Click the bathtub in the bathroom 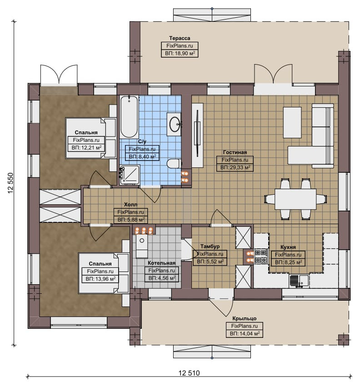click(129, 116)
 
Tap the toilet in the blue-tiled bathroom click(174, 164)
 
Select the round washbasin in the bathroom click(175, 124)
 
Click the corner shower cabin click(130, 175)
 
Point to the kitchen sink click(299, 281)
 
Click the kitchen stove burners click(261, 256)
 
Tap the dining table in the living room click(295, 199)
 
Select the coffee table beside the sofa click(292, 122)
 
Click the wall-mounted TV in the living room click(197, 133)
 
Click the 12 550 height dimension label click(10, 183)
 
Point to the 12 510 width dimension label click(189, 373)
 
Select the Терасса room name click(180, 38)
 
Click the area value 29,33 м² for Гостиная click(235, 168)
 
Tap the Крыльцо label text click(244, 318)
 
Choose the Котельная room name click(162, 263)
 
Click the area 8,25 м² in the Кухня click(289, 262)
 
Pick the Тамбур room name click(210, 246)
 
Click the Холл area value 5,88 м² click(131, 220)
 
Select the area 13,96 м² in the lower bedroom click(100, 279)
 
